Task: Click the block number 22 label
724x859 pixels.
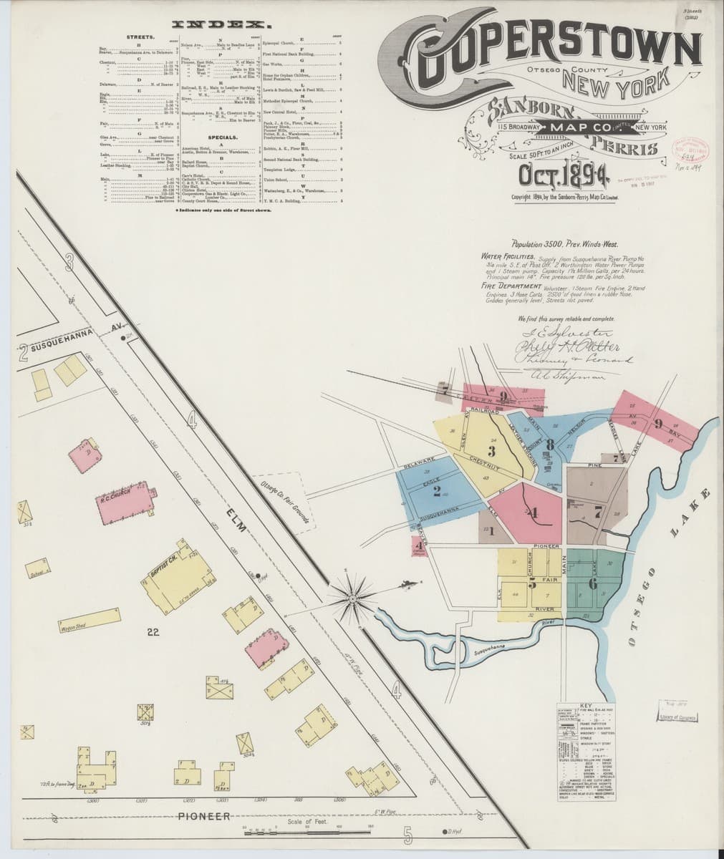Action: point(153,631)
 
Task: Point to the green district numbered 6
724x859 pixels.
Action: point(592,583)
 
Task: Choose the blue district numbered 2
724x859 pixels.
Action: point(436,490)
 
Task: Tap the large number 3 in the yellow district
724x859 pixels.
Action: point(491,451)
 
